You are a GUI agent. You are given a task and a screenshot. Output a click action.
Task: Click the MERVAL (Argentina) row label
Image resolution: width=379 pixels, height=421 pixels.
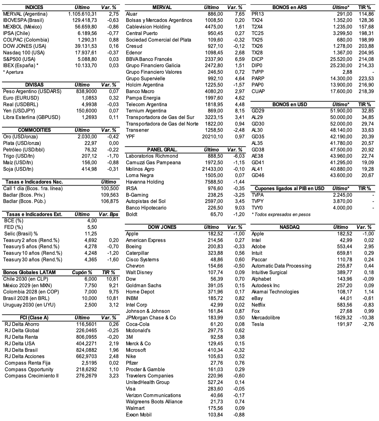(25, 14)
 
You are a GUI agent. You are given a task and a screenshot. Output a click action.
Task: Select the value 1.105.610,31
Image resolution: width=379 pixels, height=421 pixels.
(83, 14)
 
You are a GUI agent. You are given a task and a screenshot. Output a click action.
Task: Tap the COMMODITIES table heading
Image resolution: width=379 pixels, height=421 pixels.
(34, 130)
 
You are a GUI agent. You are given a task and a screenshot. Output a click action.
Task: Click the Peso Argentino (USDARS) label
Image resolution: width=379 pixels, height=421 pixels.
(32, 91)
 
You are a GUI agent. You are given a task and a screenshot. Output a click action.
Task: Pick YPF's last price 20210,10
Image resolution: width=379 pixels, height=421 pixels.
(213, 137)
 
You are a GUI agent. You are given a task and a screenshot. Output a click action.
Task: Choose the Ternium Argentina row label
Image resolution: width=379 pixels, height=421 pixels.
(146, 111)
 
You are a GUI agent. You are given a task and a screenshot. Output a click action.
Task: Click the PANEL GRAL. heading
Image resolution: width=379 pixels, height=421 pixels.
(162, 150)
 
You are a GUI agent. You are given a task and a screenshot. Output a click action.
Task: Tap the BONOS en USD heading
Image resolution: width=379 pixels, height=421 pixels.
(290, 105)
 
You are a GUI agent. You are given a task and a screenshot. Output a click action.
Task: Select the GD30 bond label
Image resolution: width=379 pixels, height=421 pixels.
(258, 124)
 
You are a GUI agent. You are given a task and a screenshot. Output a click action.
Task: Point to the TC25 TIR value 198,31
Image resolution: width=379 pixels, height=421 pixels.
(366, 33)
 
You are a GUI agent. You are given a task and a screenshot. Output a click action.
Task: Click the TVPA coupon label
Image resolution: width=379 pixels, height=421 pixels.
(258, 195)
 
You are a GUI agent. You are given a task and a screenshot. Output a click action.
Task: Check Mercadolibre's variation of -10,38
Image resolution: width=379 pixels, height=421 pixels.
(366, 318)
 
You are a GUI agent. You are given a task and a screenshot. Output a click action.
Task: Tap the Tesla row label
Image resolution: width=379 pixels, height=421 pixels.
(258, 324)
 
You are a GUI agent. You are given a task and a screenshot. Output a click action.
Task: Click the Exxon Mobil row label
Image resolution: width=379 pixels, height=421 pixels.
(139, 415)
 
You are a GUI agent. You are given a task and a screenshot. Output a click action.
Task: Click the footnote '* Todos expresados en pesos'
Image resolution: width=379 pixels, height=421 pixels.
(281, 214)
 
